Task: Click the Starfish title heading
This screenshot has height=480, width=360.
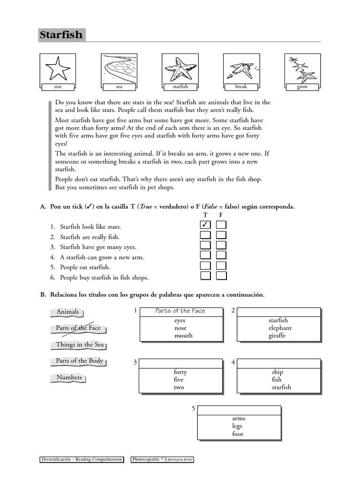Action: [x=61, y=35]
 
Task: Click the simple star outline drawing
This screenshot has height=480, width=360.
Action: [x=58, y=68]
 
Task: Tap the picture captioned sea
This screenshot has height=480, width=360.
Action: [x=119, y=68]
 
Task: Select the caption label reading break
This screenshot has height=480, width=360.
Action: [x=241, y=87]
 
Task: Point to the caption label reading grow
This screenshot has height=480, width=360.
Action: [x=302, y=87]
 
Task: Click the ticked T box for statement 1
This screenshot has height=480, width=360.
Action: [x=205, y=226]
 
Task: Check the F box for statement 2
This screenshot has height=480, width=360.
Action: [x=221, y=236]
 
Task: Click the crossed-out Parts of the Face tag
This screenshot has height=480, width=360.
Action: [x=78, y=328]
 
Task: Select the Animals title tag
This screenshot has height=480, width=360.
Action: [x=67, y=312]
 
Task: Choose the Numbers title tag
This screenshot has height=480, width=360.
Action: [x=69, y=377]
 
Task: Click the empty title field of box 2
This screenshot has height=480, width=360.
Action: [x=279, y=312]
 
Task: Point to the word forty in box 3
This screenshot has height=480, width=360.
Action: [x=180, y=372]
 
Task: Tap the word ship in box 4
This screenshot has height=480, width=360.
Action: [x=277, y=372]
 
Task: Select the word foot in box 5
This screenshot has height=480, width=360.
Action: [x=238, y=434]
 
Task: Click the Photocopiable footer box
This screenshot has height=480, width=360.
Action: [x=162, y=460]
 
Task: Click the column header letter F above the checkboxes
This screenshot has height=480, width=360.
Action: [x=221, y=215]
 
